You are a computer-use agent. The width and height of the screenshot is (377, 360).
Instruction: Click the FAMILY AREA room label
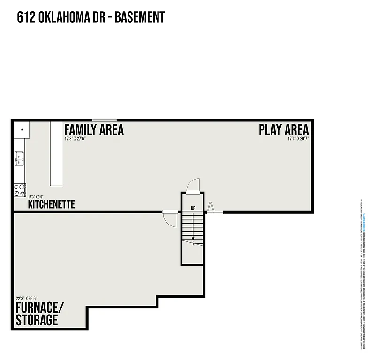[94, 129]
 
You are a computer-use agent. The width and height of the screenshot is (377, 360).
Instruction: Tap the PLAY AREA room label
[284, 129]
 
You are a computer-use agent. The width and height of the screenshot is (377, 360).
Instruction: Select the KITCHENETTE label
[51, 205]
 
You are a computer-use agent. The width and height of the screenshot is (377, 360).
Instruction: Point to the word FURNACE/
[39, 308]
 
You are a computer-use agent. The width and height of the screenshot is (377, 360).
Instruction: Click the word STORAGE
[37, 320]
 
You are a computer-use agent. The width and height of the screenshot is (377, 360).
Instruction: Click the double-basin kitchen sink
[19, 159]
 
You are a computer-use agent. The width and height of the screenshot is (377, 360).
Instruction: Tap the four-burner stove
[20, 190]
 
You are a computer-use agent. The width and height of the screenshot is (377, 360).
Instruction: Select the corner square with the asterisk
[22, 129]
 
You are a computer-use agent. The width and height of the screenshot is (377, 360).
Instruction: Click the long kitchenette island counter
[56, 154]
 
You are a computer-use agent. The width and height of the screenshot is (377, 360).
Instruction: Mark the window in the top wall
[104, 120]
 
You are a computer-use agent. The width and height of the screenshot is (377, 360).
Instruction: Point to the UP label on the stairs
[193, 208]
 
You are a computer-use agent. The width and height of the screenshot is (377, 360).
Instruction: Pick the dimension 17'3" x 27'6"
[75, 139]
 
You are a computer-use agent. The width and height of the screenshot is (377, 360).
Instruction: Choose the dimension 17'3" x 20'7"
[298, 139]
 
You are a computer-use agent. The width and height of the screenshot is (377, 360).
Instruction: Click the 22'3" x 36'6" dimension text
[26, 298]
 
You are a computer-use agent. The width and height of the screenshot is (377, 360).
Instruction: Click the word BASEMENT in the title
[140, 17]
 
